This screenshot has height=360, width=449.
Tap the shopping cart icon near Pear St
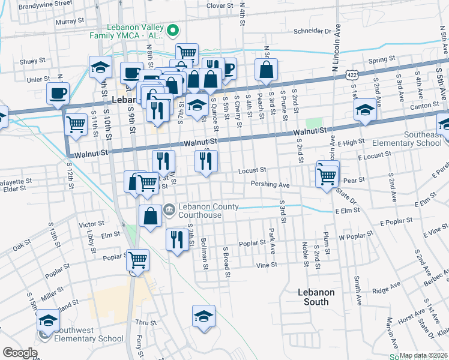(x=327, y=175)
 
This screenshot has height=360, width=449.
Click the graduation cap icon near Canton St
(x=365, y=110)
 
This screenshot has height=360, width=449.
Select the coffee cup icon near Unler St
(x=58, y=93)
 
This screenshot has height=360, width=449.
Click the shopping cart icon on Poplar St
(x=137, y=260)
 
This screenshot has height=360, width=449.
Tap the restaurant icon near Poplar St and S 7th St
(x=176, y=239)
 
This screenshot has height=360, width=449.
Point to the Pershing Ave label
(x=270, y=185)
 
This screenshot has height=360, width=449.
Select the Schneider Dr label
(x=312, y=31)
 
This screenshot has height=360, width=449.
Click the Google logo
(x=20, y=353)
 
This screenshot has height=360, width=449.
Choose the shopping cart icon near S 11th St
(x=76, y=124)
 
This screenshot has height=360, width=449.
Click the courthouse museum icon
(x=169, y=209)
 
